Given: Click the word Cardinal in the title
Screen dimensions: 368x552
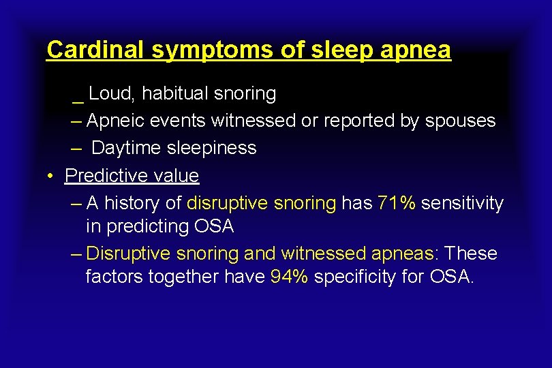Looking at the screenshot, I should (96, 50).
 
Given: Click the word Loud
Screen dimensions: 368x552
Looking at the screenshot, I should (111, 93).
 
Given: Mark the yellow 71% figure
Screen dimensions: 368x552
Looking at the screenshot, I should (396, 203).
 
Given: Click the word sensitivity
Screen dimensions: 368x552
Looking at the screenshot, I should (462, 203).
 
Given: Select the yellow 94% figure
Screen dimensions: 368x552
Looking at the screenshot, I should (289, 277).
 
